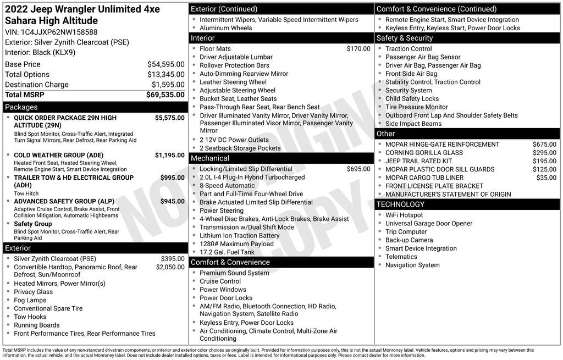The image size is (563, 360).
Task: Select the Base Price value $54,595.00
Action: [x=165, y=64]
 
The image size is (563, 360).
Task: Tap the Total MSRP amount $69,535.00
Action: [x=165, y=95]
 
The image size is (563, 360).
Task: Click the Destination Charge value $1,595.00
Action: [x=168, y=85]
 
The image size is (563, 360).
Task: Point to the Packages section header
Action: [x=21, y=107]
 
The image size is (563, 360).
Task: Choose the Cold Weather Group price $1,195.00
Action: [x=169, y=156]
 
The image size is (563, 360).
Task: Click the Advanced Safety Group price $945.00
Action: [x=172, y=202]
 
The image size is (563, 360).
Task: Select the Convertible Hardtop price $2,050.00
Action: [x=170, y=267]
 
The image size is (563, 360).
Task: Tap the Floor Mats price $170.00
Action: [x=358, y=49]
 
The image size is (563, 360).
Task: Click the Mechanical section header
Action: [x=210, y=158]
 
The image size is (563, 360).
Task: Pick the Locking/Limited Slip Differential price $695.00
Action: [x=358, y=169]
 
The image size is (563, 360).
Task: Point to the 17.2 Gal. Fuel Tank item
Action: [x=227, y=252]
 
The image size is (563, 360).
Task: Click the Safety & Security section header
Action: [x=405, y=38]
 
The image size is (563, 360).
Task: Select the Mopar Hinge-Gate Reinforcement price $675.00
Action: [x=544, y=145]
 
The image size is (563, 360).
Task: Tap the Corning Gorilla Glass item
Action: [x=424, y=153]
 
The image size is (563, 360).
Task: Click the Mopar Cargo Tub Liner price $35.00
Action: [x=546, y=178]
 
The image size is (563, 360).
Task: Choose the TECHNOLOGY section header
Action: [x=400, y=204]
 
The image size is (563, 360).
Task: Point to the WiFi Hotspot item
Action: [x=404, y=215]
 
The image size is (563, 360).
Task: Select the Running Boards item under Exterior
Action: [x=36, y=325]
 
